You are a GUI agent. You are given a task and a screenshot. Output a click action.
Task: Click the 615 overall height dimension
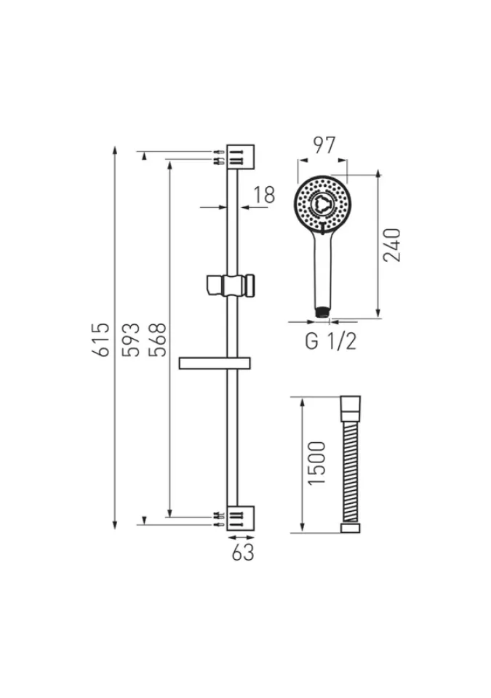[103, 340]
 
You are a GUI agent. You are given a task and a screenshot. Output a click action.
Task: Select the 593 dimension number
[132, 340]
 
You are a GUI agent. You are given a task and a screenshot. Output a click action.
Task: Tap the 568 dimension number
[158, 340]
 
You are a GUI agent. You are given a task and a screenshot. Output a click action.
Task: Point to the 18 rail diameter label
[264, 195]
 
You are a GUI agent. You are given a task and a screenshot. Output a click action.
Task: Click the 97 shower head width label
[324, 145]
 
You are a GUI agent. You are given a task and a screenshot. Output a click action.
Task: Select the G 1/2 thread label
[331, 342]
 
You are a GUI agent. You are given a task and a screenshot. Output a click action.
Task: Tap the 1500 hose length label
[317, 463]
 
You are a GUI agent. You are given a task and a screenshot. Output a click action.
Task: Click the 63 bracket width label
[243, 552]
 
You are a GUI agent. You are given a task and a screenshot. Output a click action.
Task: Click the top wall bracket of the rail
[241, 157]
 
